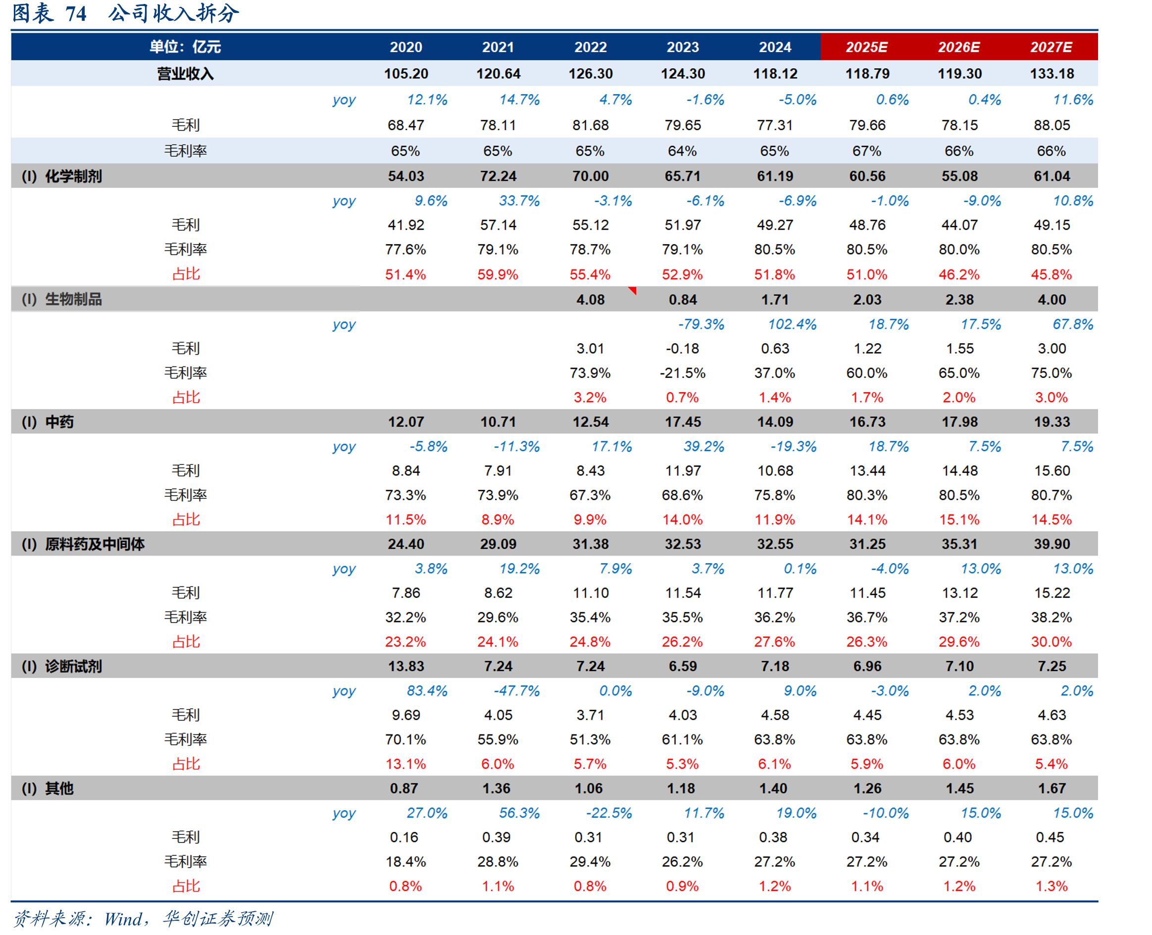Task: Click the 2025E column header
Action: click(866, 47)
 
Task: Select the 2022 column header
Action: click(590, 47)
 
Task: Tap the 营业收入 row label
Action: click(185, 73)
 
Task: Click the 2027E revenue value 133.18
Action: click(1052, 73)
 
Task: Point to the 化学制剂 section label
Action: click(73, 176)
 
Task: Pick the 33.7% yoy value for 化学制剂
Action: click(519, 201)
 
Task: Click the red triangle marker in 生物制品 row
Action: click(633, 291)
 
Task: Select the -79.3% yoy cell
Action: click(701, 324)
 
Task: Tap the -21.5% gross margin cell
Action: click(682, 373)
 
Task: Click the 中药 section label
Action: click(59, 422)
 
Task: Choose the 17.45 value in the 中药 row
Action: click(683, 422)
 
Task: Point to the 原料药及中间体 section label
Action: click(95, 544)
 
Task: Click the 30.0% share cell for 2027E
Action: click(1051, 641)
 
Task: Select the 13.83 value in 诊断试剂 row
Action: click(406, 666)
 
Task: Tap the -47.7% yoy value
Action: click(516, 691)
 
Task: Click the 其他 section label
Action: click(59, 788)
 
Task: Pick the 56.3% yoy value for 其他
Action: click(519, 813)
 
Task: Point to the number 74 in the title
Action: click(76, 13)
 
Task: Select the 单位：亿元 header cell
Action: click(185, 47)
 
